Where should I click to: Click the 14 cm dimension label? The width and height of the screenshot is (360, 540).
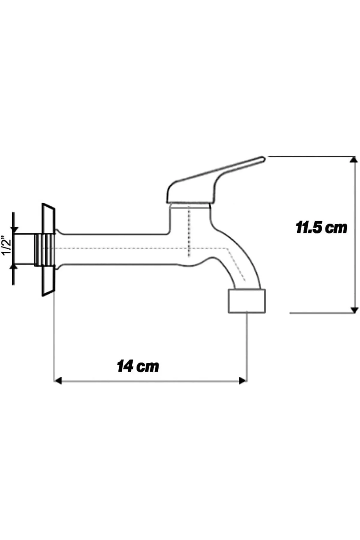(138, 366)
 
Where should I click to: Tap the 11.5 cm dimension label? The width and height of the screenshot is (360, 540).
(321, 227)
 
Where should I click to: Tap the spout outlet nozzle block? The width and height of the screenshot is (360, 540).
(247, 301)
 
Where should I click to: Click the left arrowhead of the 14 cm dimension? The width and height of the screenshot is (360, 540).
(58, 381)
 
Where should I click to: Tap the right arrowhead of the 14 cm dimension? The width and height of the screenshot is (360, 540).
(243, 381)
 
